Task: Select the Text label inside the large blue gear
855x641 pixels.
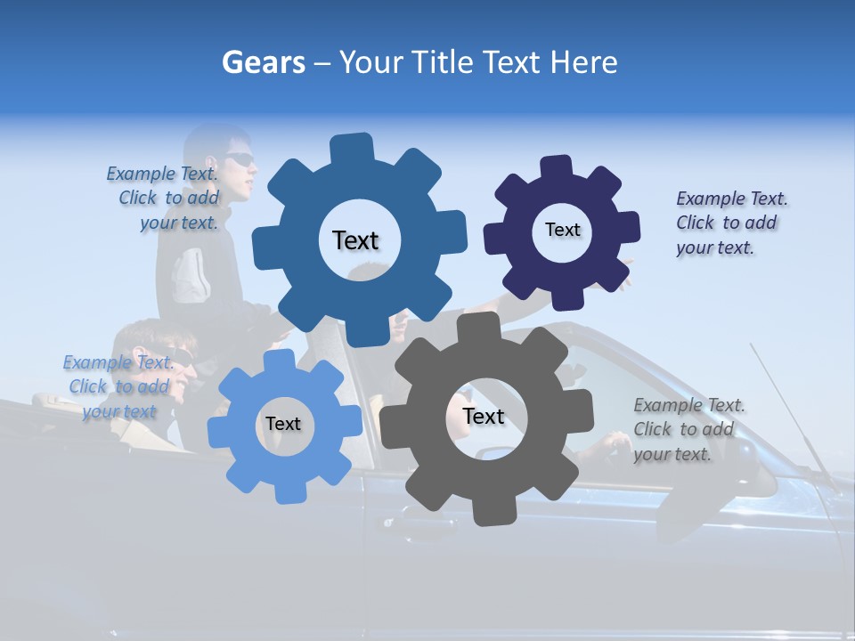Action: [x=355, y=240]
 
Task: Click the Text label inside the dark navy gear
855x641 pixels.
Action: [x=562, y=230]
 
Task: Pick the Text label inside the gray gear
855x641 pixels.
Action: [x=484, y=417]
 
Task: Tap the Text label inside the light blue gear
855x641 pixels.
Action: [x=283, y=425]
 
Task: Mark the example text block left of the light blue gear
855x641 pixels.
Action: [x=118, y=387]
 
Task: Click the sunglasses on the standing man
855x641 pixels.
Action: [x=239, y=160]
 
